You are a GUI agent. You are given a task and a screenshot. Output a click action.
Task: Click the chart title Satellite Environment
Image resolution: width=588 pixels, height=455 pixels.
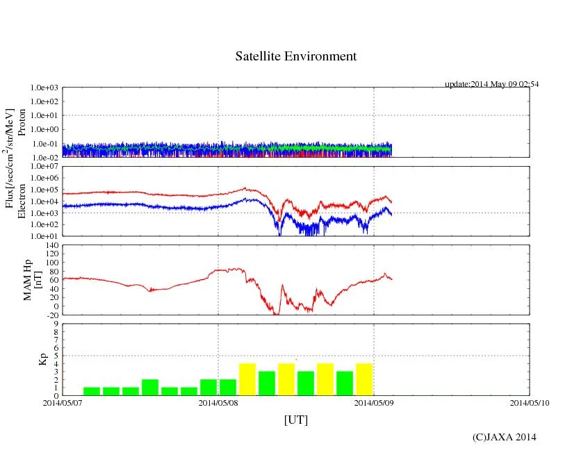296,56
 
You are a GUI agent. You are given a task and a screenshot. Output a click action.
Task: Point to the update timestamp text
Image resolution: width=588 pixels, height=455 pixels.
492,84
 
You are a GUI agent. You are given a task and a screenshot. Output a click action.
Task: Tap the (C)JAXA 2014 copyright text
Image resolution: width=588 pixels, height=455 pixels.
504,437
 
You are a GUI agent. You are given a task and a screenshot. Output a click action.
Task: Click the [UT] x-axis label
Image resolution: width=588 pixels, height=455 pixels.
296,420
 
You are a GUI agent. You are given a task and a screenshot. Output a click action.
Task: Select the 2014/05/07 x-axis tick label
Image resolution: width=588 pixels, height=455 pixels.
63,402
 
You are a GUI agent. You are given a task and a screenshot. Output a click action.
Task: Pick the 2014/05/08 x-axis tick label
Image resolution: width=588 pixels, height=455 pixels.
218,402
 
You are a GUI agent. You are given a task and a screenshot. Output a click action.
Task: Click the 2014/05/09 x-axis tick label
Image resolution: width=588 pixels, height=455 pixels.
374,402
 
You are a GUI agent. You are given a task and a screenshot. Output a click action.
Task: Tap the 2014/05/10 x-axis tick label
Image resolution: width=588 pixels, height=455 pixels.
530,402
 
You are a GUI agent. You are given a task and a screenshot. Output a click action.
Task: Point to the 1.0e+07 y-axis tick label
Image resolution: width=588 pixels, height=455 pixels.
44,167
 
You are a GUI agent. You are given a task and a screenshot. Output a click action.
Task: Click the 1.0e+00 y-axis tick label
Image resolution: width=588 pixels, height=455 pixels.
44,130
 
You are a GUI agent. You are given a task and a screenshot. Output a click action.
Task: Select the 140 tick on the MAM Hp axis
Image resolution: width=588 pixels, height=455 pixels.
51,245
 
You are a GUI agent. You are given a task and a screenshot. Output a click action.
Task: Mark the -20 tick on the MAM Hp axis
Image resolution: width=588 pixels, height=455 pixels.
51,315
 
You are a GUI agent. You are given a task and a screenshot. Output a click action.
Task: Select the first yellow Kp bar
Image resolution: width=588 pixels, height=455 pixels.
247,379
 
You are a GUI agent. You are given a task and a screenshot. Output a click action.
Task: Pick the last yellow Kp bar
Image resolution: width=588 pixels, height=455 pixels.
364,379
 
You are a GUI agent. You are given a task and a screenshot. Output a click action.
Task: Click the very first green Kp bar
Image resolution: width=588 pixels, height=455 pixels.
92,391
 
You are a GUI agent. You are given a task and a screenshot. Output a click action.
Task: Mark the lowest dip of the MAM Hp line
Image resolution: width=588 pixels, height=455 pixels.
276,314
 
